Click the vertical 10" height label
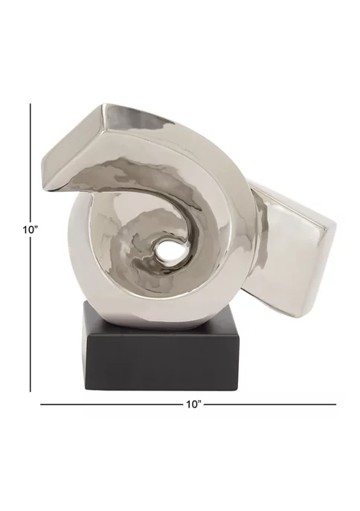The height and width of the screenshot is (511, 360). pyautogui.click(x=30, y=229)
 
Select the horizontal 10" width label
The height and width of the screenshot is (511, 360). pyautogui.click(x=194, y=405)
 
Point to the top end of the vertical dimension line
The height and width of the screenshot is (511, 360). pyautogui.click(x=30, y=104)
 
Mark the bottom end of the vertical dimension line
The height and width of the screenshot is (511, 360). pyautogui.click(x=30, y=391)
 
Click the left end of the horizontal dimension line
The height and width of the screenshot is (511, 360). pyautogui.click(x=40, y=405)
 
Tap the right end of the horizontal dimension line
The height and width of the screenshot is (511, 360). pyautogui.click(x=336, y=405)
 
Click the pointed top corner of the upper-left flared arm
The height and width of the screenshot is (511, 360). pyautogui.click(x=102, y=105)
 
